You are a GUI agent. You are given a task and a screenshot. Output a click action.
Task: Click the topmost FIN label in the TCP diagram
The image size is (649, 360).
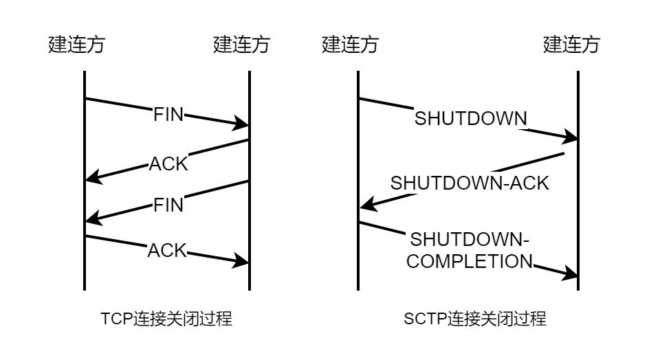168,114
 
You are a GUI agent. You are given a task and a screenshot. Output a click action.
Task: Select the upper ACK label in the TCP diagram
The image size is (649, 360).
168,165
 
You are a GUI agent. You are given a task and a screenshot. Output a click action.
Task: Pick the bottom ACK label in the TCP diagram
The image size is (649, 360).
168,250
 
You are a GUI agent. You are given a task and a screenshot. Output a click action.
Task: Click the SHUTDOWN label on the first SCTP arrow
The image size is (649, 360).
471,119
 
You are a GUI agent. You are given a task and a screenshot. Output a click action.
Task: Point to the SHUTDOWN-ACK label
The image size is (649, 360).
470,183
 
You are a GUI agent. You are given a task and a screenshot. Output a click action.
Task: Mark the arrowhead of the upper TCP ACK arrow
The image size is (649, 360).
91,180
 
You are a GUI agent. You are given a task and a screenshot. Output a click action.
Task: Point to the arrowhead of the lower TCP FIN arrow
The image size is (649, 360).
91,221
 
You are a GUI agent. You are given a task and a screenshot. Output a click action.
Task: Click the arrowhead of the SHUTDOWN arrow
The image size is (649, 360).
571,138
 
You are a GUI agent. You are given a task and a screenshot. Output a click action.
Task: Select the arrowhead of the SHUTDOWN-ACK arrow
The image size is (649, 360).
366,205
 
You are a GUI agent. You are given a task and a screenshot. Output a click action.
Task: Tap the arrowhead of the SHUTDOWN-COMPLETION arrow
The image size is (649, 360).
571,275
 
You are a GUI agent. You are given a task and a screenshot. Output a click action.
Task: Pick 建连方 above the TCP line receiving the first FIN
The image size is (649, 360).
242,45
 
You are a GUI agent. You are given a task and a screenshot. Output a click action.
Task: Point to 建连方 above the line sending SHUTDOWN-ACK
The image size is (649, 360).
571,45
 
